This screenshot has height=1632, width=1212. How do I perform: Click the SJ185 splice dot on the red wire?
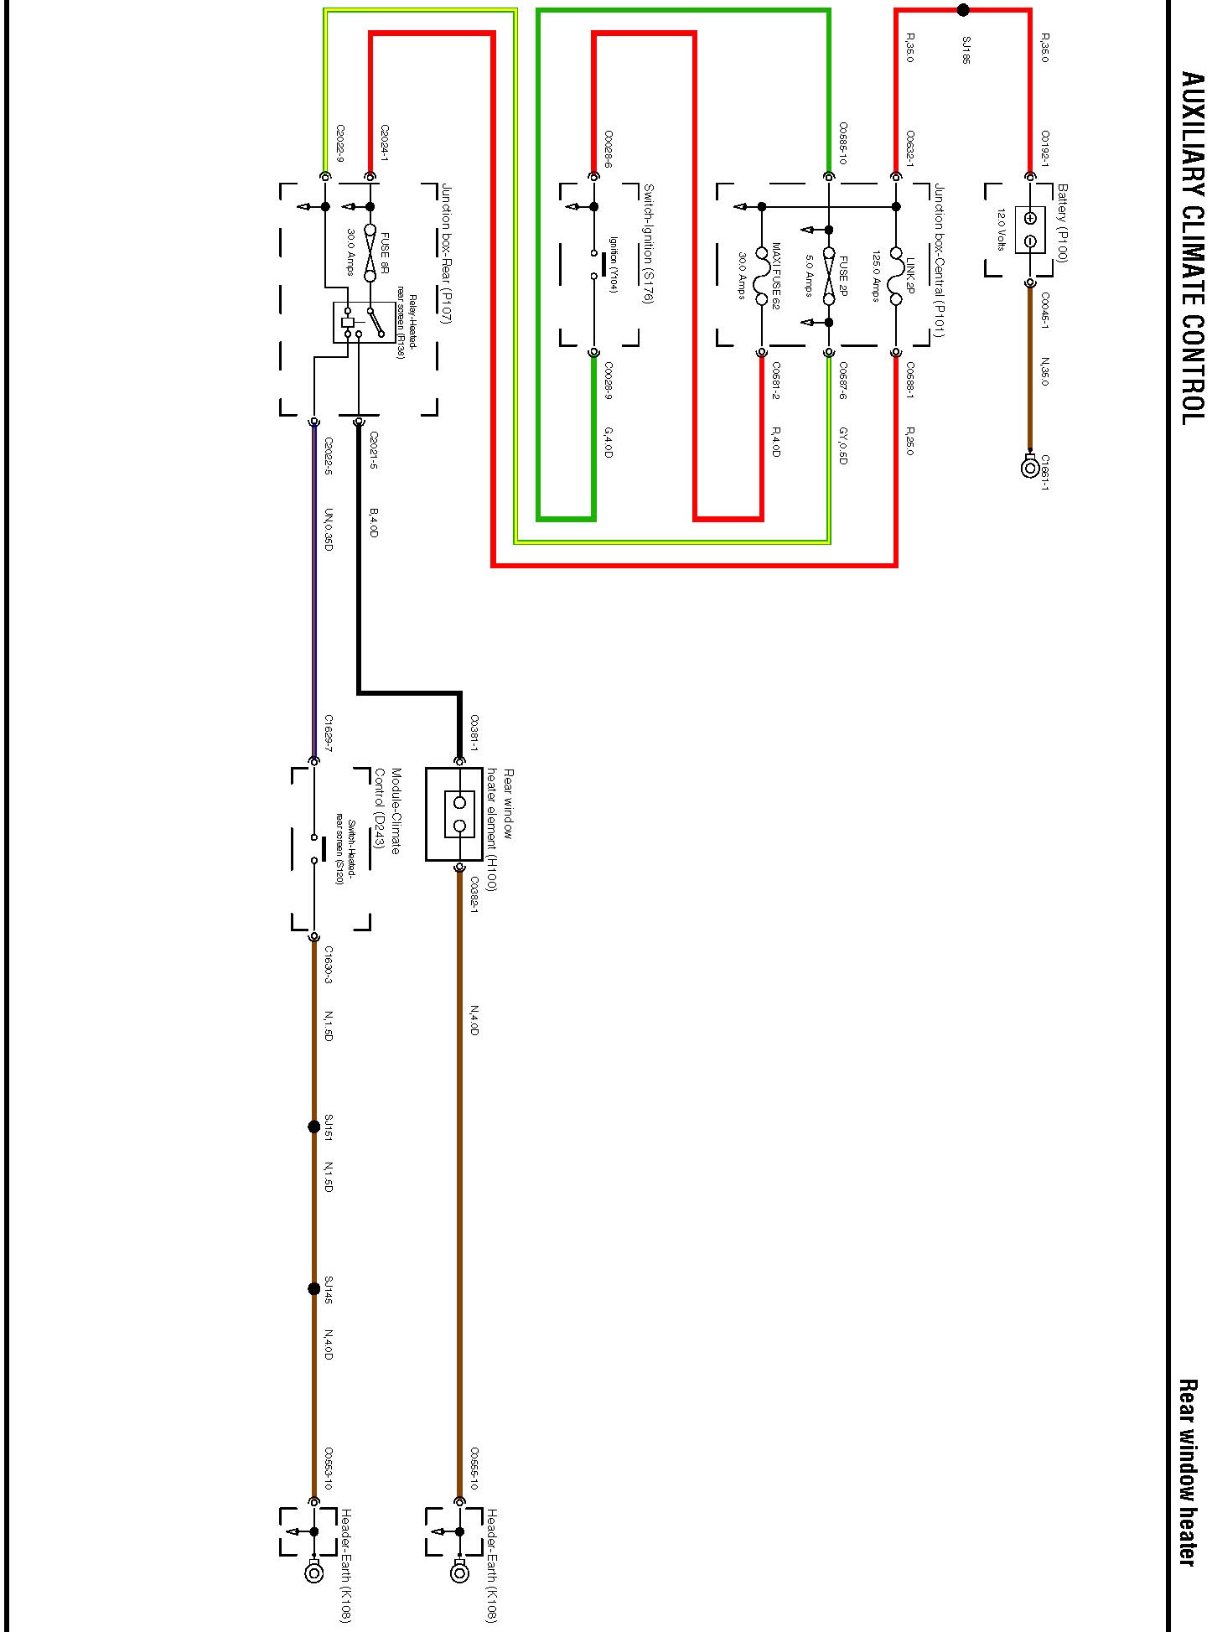click(x=963, y=10)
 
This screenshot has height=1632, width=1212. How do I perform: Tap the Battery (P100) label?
click(x=1062, y=223)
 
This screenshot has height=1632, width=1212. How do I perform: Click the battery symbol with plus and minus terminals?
click(x=1030, y=231)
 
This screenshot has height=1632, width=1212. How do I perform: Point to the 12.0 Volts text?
click(x=1000, y=230)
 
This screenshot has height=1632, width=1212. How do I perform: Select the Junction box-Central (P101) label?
click(x=940, y=262)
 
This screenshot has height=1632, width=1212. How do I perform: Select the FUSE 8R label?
click(x=386, y=253)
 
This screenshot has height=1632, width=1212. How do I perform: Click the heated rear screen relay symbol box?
click(x=364, y=323)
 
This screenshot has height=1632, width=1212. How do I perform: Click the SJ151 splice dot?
click(x=314, y=1127)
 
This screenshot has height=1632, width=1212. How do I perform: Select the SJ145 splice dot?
click(x=314, y=1288)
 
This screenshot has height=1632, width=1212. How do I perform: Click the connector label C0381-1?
click(x=474, y=732)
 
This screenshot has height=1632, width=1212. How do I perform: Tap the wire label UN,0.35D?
click(x=329, y=530)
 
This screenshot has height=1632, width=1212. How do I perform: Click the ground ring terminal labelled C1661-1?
click(x=1030, y=467)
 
